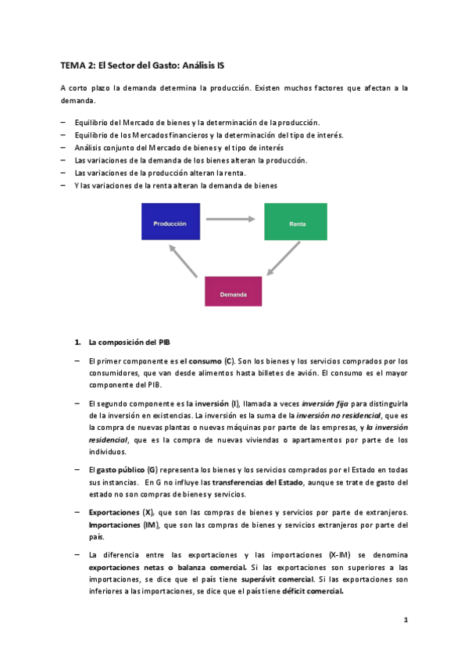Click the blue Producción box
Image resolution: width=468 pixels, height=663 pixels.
[170, 222]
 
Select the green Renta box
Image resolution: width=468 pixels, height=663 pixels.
[295, 222]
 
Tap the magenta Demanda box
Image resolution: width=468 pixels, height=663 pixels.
[233, 291]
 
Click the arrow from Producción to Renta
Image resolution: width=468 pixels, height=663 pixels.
[233, 219]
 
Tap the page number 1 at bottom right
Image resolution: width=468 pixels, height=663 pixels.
[405, 620]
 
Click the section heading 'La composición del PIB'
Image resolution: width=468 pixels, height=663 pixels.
[128, 342]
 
